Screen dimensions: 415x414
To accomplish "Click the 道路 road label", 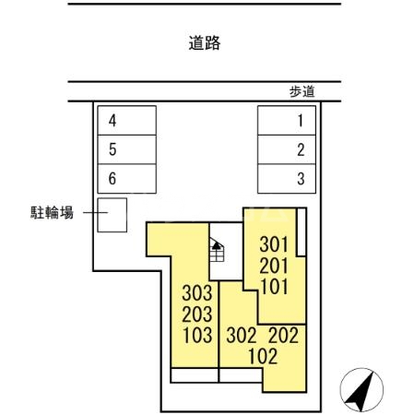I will point(205,42).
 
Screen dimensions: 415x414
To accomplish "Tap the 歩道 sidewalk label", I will point(302,91).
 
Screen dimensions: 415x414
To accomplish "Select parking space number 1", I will point(285,120).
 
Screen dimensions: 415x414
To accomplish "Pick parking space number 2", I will point(285,149).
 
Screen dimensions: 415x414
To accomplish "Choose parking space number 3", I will point(285,179).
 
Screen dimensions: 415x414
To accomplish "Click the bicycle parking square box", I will point(113,215).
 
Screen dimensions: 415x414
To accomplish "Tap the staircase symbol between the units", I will point(218,251).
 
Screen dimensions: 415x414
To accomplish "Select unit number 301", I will point(274,245).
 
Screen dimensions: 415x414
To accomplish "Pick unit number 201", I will point(274,266).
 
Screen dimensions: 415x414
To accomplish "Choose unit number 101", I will point(274,286).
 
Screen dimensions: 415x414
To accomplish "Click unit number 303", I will point(197,294).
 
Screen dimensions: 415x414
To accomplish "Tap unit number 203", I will point(197,314).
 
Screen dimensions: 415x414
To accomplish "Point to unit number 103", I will point(197,335).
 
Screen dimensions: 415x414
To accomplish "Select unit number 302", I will point(242,337).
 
